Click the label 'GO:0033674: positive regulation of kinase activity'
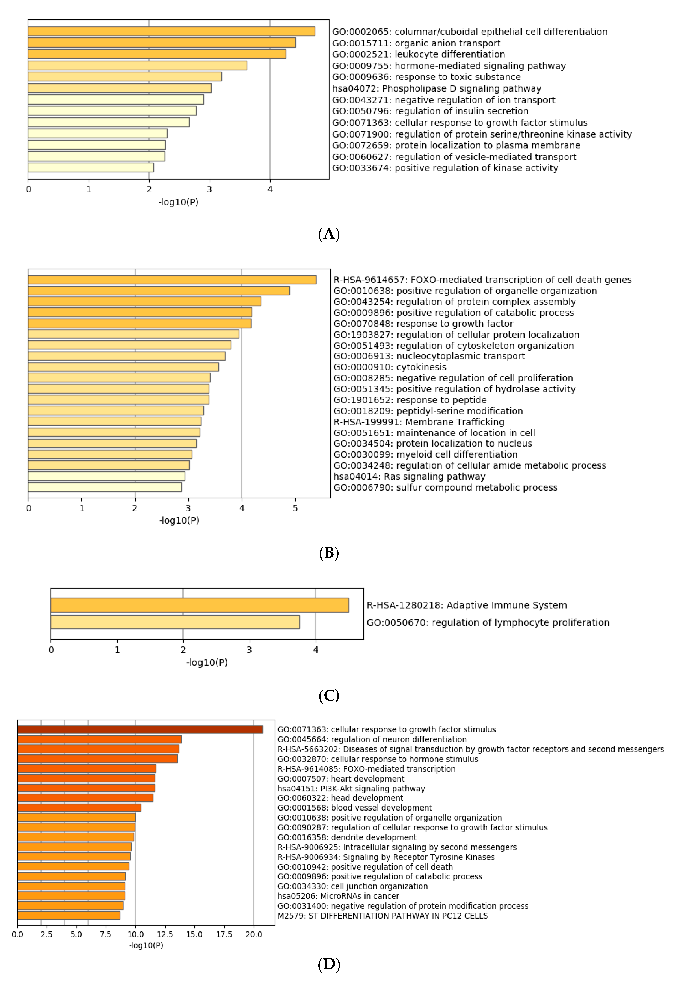click(x=445, y=168)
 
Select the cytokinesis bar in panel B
click(x=123, y=367)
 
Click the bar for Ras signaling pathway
click(x=106, y=476)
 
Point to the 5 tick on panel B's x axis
click(x=295, y=508)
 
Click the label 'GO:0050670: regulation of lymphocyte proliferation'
click(x=488, y=623)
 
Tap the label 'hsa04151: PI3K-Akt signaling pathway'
click(x=351, y=789)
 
